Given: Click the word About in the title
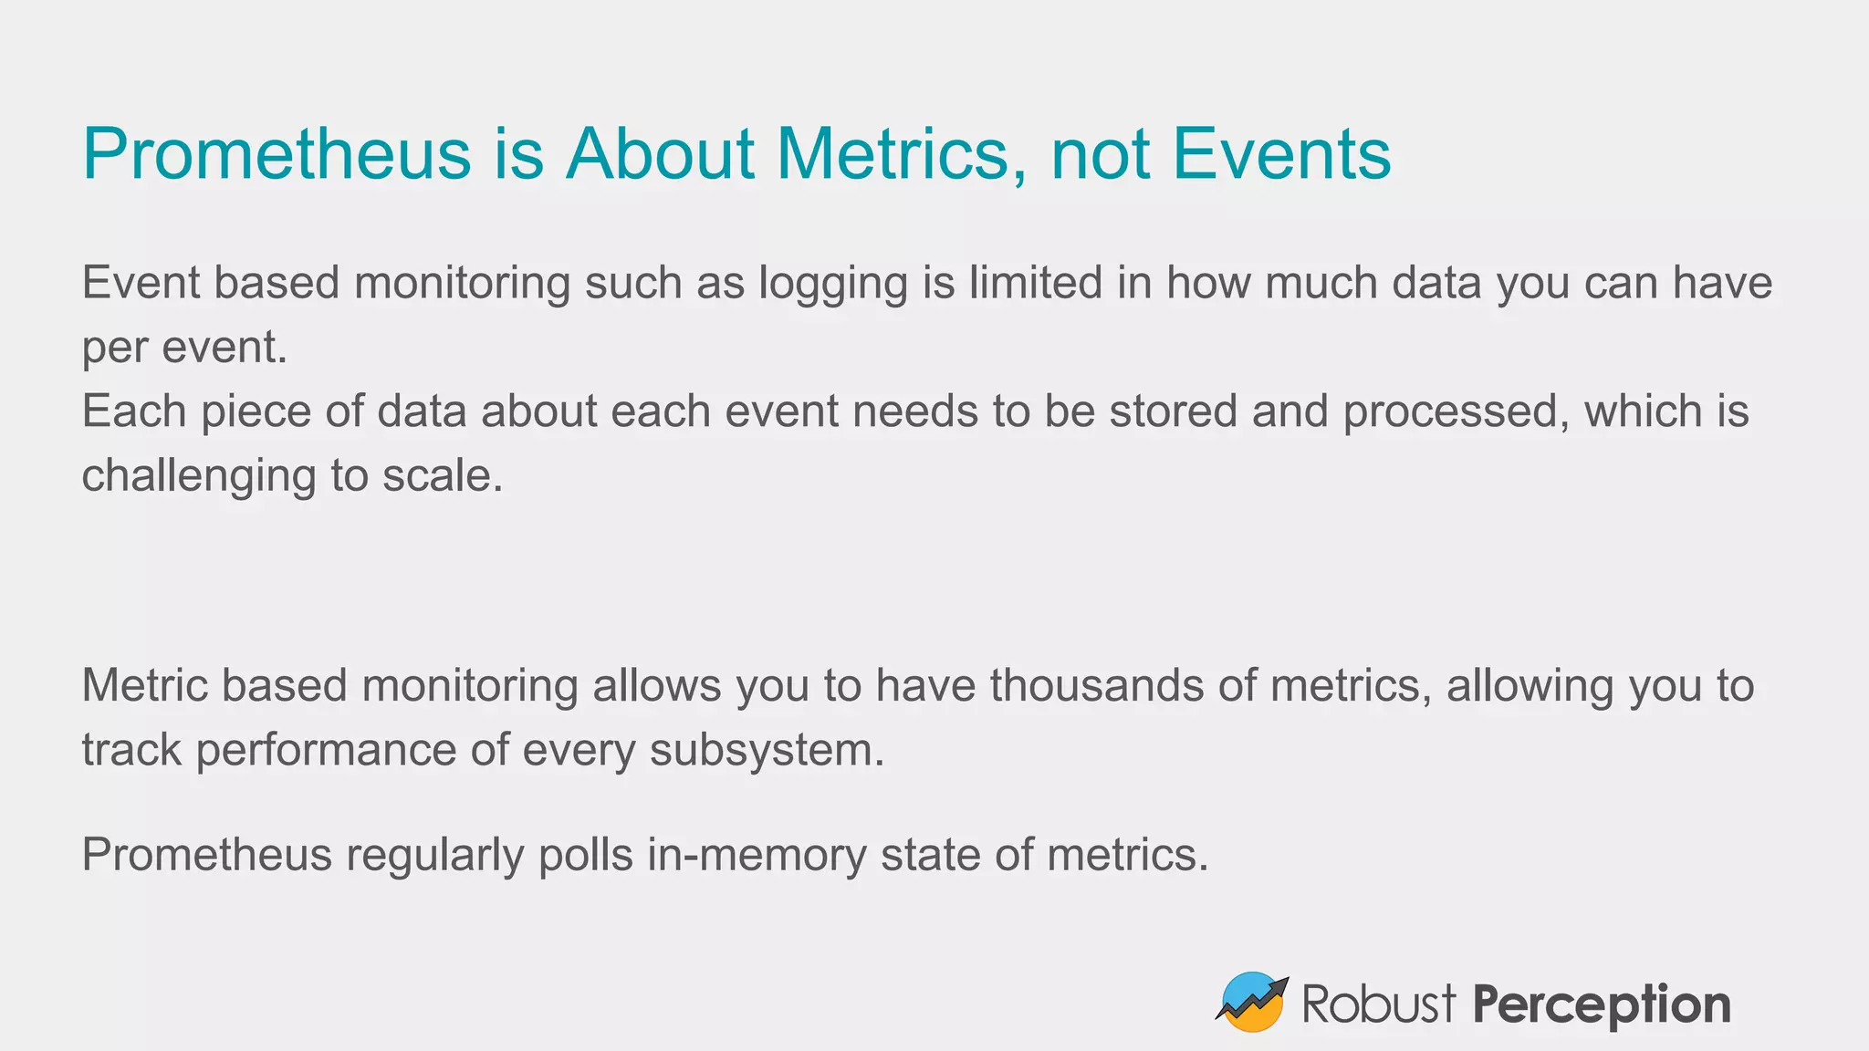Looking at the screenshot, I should (660, 153).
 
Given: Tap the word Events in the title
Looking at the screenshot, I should (1281, 153).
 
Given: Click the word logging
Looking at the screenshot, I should (832, 284).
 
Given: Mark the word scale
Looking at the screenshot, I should (442, 476).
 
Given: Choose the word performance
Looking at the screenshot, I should (326, 751).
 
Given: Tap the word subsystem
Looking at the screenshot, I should (767, 751).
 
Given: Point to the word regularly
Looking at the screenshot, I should (434, 856).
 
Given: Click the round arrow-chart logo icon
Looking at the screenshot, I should (1251, 1002).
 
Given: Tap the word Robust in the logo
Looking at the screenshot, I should (1378, 1004).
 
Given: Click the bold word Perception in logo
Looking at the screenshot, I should (1601, 1005).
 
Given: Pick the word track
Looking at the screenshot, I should (131, 750).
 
